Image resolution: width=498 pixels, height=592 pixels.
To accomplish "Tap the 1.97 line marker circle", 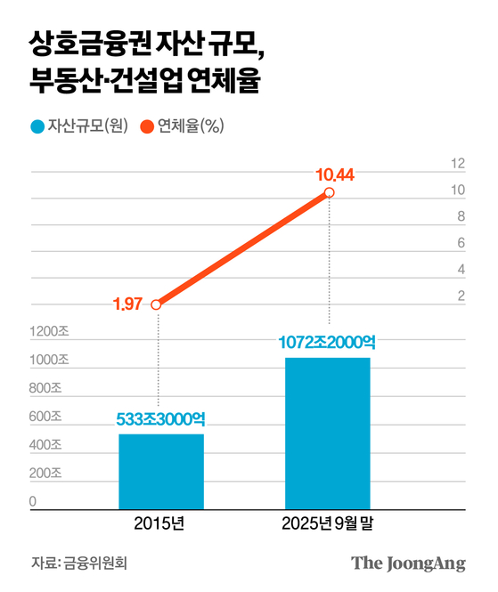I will pyautogui.click(x=157, y=304).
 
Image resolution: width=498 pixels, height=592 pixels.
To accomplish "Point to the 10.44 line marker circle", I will pyautogui.click(x=330, y=192).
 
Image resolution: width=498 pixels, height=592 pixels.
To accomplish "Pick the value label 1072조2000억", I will pyautogui.click(x=327, y=342).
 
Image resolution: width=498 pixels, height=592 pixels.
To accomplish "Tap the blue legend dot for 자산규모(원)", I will pyautogui.click(x=37, y=126).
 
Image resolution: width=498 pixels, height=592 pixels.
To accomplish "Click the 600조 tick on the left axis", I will pyautogui.click(x=46, y=417).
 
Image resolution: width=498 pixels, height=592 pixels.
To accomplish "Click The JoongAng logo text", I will pyautogui.click(x=408, y=564).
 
